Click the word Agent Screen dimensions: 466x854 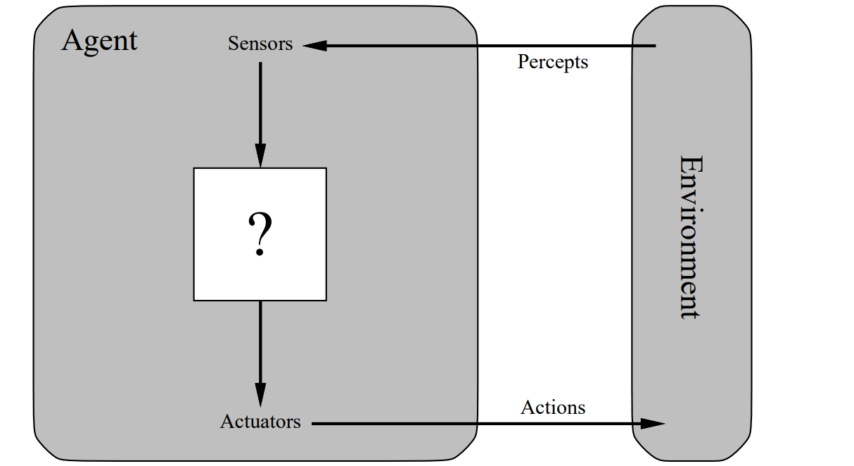[99, 41]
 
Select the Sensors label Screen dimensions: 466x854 [260, 44]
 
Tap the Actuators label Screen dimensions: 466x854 [260, 422]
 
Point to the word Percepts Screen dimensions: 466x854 [553, 62]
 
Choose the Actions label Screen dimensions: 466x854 [553, 408]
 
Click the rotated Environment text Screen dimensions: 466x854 [690, 237]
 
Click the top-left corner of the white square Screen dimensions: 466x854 [195, 169]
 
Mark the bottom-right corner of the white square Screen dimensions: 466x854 [325, 299]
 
